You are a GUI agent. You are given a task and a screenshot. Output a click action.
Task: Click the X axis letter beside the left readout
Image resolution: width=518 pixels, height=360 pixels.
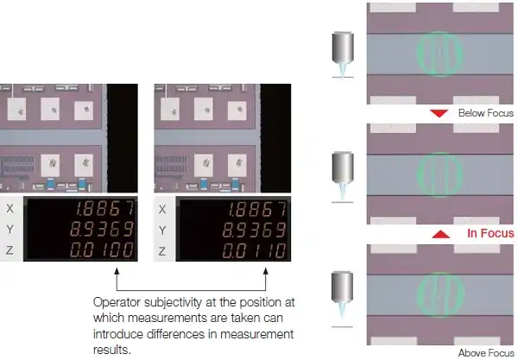(9, 209)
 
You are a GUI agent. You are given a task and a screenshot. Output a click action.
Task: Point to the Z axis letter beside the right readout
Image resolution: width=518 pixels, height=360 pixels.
(162, 251)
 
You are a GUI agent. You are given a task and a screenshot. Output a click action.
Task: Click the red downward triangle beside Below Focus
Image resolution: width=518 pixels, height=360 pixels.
(440, 113)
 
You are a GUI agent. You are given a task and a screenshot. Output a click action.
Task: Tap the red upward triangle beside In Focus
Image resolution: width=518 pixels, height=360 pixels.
(440, 233)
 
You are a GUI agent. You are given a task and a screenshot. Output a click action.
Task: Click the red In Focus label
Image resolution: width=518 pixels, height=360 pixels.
(490, 233)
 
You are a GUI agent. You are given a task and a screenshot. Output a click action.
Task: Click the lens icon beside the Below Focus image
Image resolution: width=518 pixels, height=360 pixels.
(344, 54)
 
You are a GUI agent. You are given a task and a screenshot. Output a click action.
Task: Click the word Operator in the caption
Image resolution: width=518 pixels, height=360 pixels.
(115, 303)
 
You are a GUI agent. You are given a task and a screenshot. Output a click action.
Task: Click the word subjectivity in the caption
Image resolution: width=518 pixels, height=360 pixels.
(172, 303)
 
